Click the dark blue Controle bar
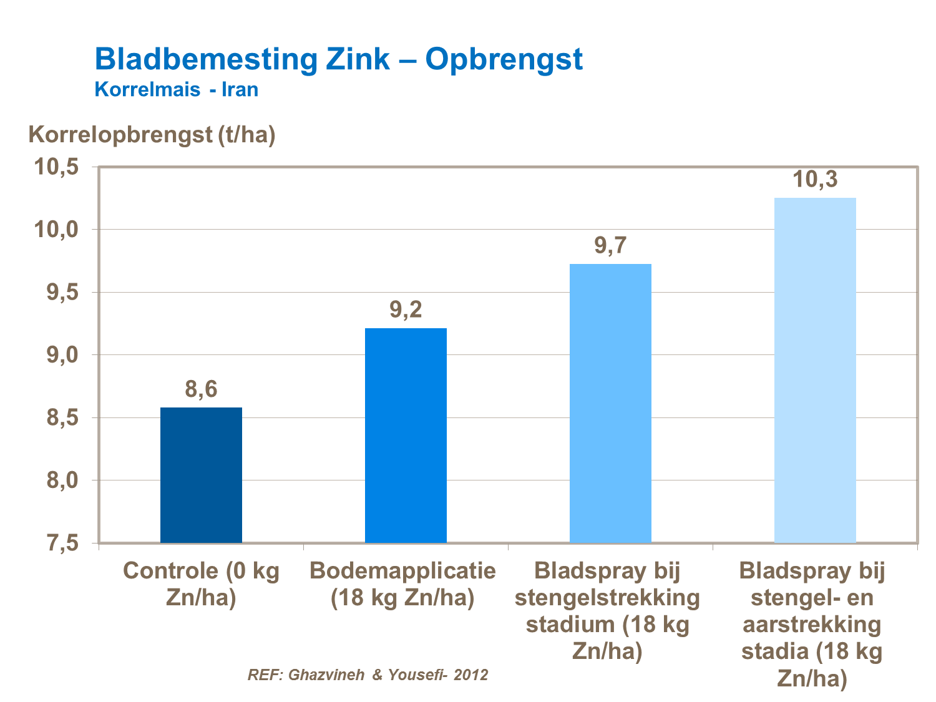coord(201,475)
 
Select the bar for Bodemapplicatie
coord(406,435)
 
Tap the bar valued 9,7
coord(610,403)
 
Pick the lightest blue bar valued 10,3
coord(815,370)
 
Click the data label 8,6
coord(201,390)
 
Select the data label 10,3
coord(815,180)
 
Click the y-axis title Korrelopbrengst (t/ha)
coord(152,134)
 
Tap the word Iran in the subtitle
coord(240,89)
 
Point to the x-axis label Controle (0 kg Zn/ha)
coord(201,584)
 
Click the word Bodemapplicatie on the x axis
coord(403,570)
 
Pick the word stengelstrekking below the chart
coord(607,598)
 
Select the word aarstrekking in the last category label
coord(812,625)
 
